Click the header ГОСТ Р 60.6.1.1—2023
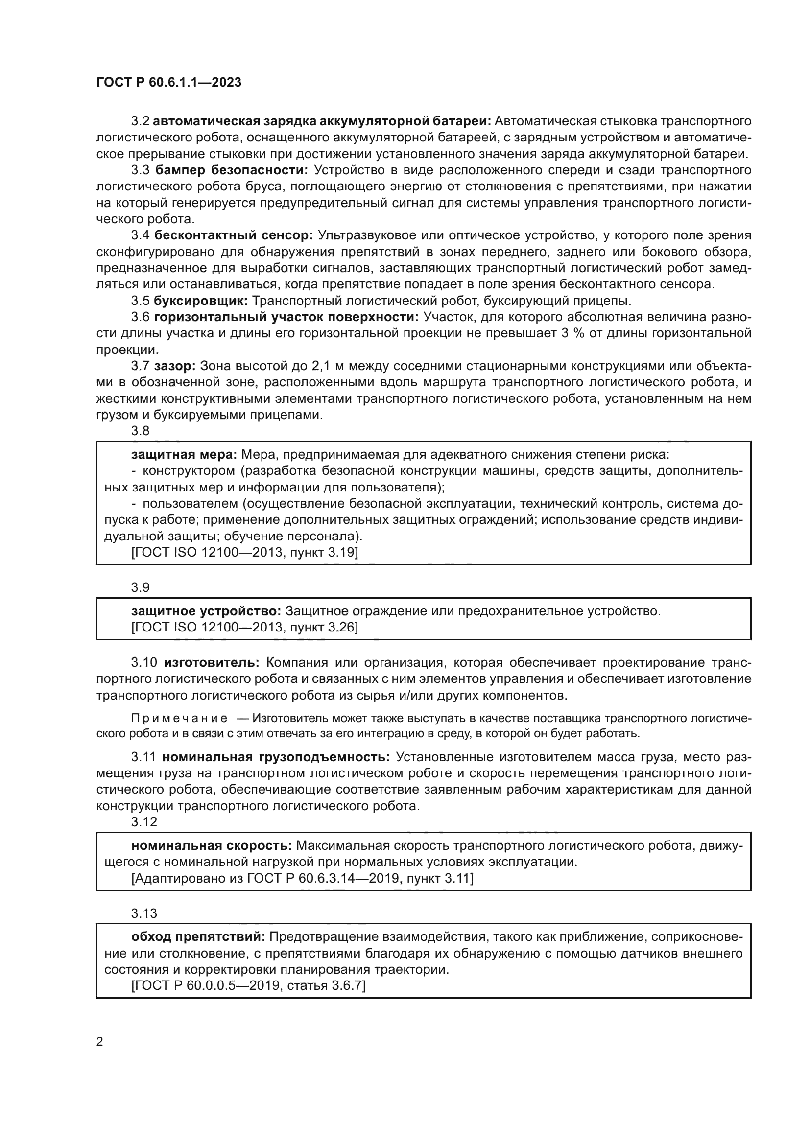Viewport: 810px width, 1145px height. coord(168,82)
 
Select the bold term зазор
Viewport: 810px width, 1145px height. coord(174,366)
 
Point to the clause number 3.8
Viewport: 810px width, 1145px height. coord(140,430)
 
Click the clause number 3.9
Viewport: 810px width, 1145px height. coord(140,587)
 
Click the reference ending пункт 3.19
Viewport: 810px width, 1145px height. coord(244,553)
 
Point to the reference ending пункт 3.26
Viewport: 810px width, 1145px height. coord(244,628)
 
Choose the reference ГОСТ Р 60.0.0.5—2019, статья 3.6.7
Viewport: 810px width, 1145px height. coord(248,985)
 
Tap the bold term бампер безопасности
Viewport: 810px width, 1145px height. coord(232,170)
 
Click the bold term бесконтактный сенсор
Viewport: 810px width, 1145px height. coord(234,235)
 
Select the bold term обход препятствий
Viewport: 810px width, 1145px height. coord(198,937)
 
